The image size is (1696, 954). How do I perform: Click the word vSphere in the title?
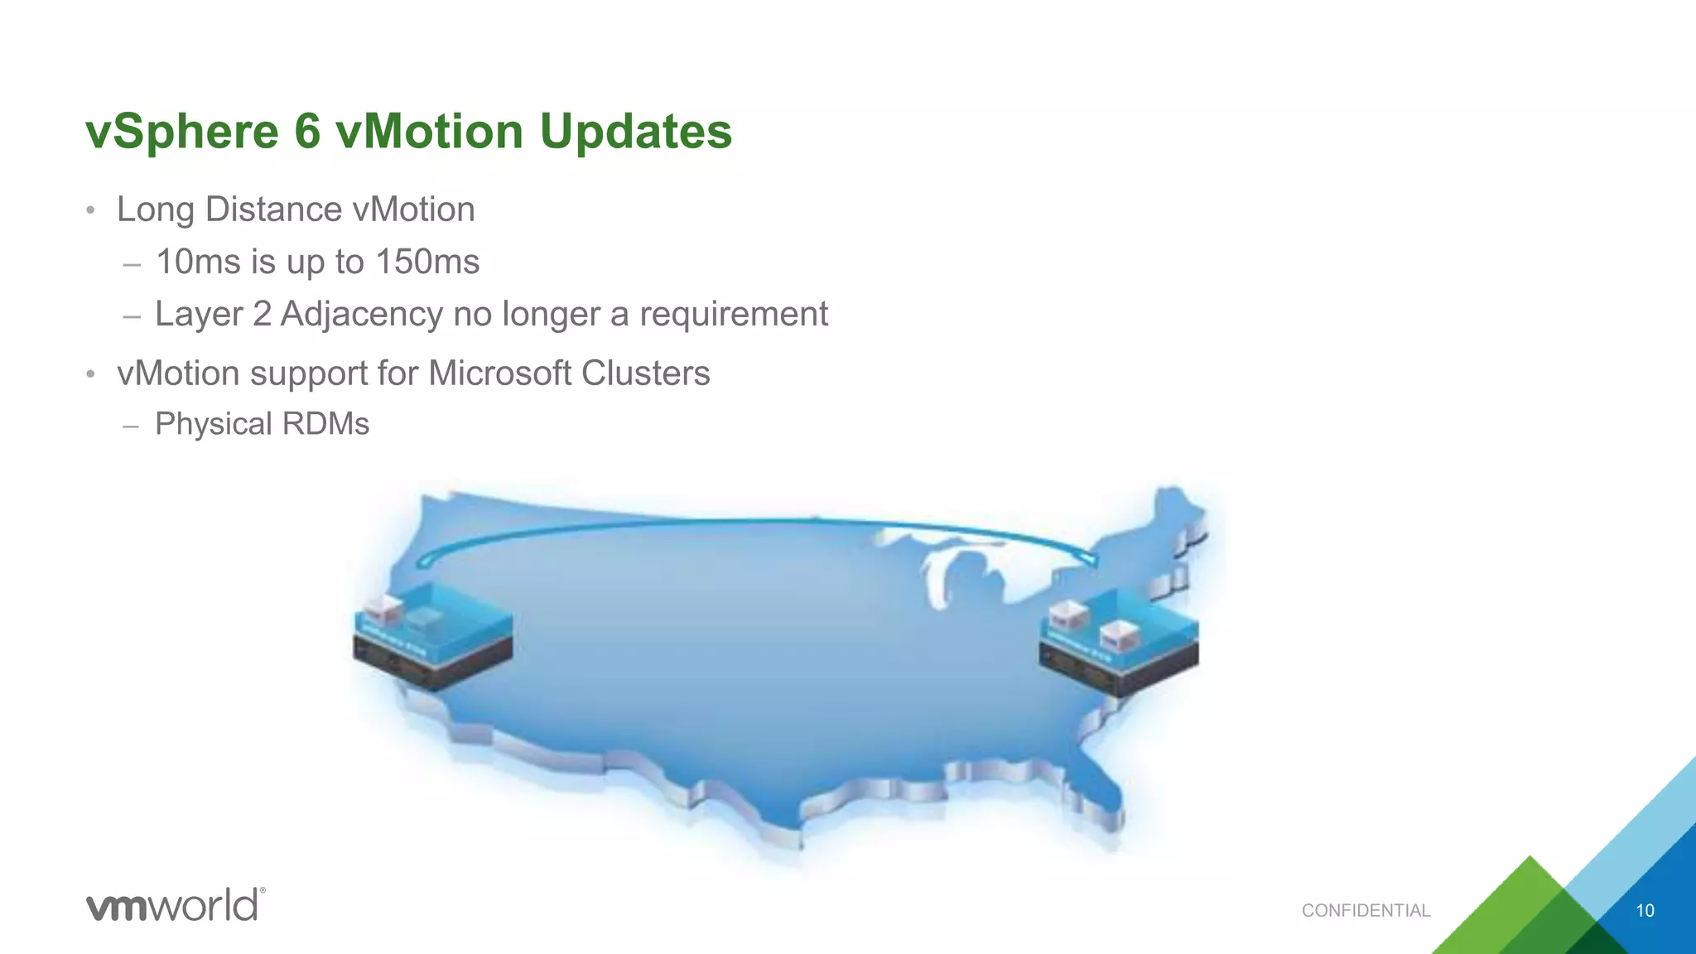pyautogui.click(x=182, y=132)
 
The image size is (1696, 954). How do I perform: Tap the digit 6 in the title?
pyautogui.click(x=306, y=131)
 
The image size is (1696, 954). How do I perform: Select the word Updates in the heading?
pyautogui.click(x=635, y=132)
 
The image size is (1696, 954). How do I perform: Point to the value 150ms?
pyautogui.click(x=427, y=263)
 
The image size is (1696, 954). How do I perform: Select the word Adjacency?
pyautogui.click(x=361, y=315)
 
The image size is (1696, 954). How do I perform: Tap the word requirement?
pyautogui.click(x=733, y=315)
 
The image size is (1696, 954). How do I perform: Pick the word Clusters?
pyautogui.click(x=645, y=373)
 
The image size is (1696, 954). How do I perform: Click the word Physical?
pyautogui.click(x=214, y=424)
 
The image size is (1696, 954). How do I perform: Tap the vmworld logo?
pyautogui.click(x=176, y=904)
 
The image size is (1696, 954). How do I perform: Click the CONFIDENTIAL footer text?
pyautogui.click(x=1366, y=911)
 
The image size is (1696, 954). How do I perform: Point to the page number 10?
pyautogui.click(x=1645, y=911)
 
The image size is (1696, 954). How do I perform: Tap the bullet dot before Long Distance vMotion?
pyautogui.click(x=91, y=210)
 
